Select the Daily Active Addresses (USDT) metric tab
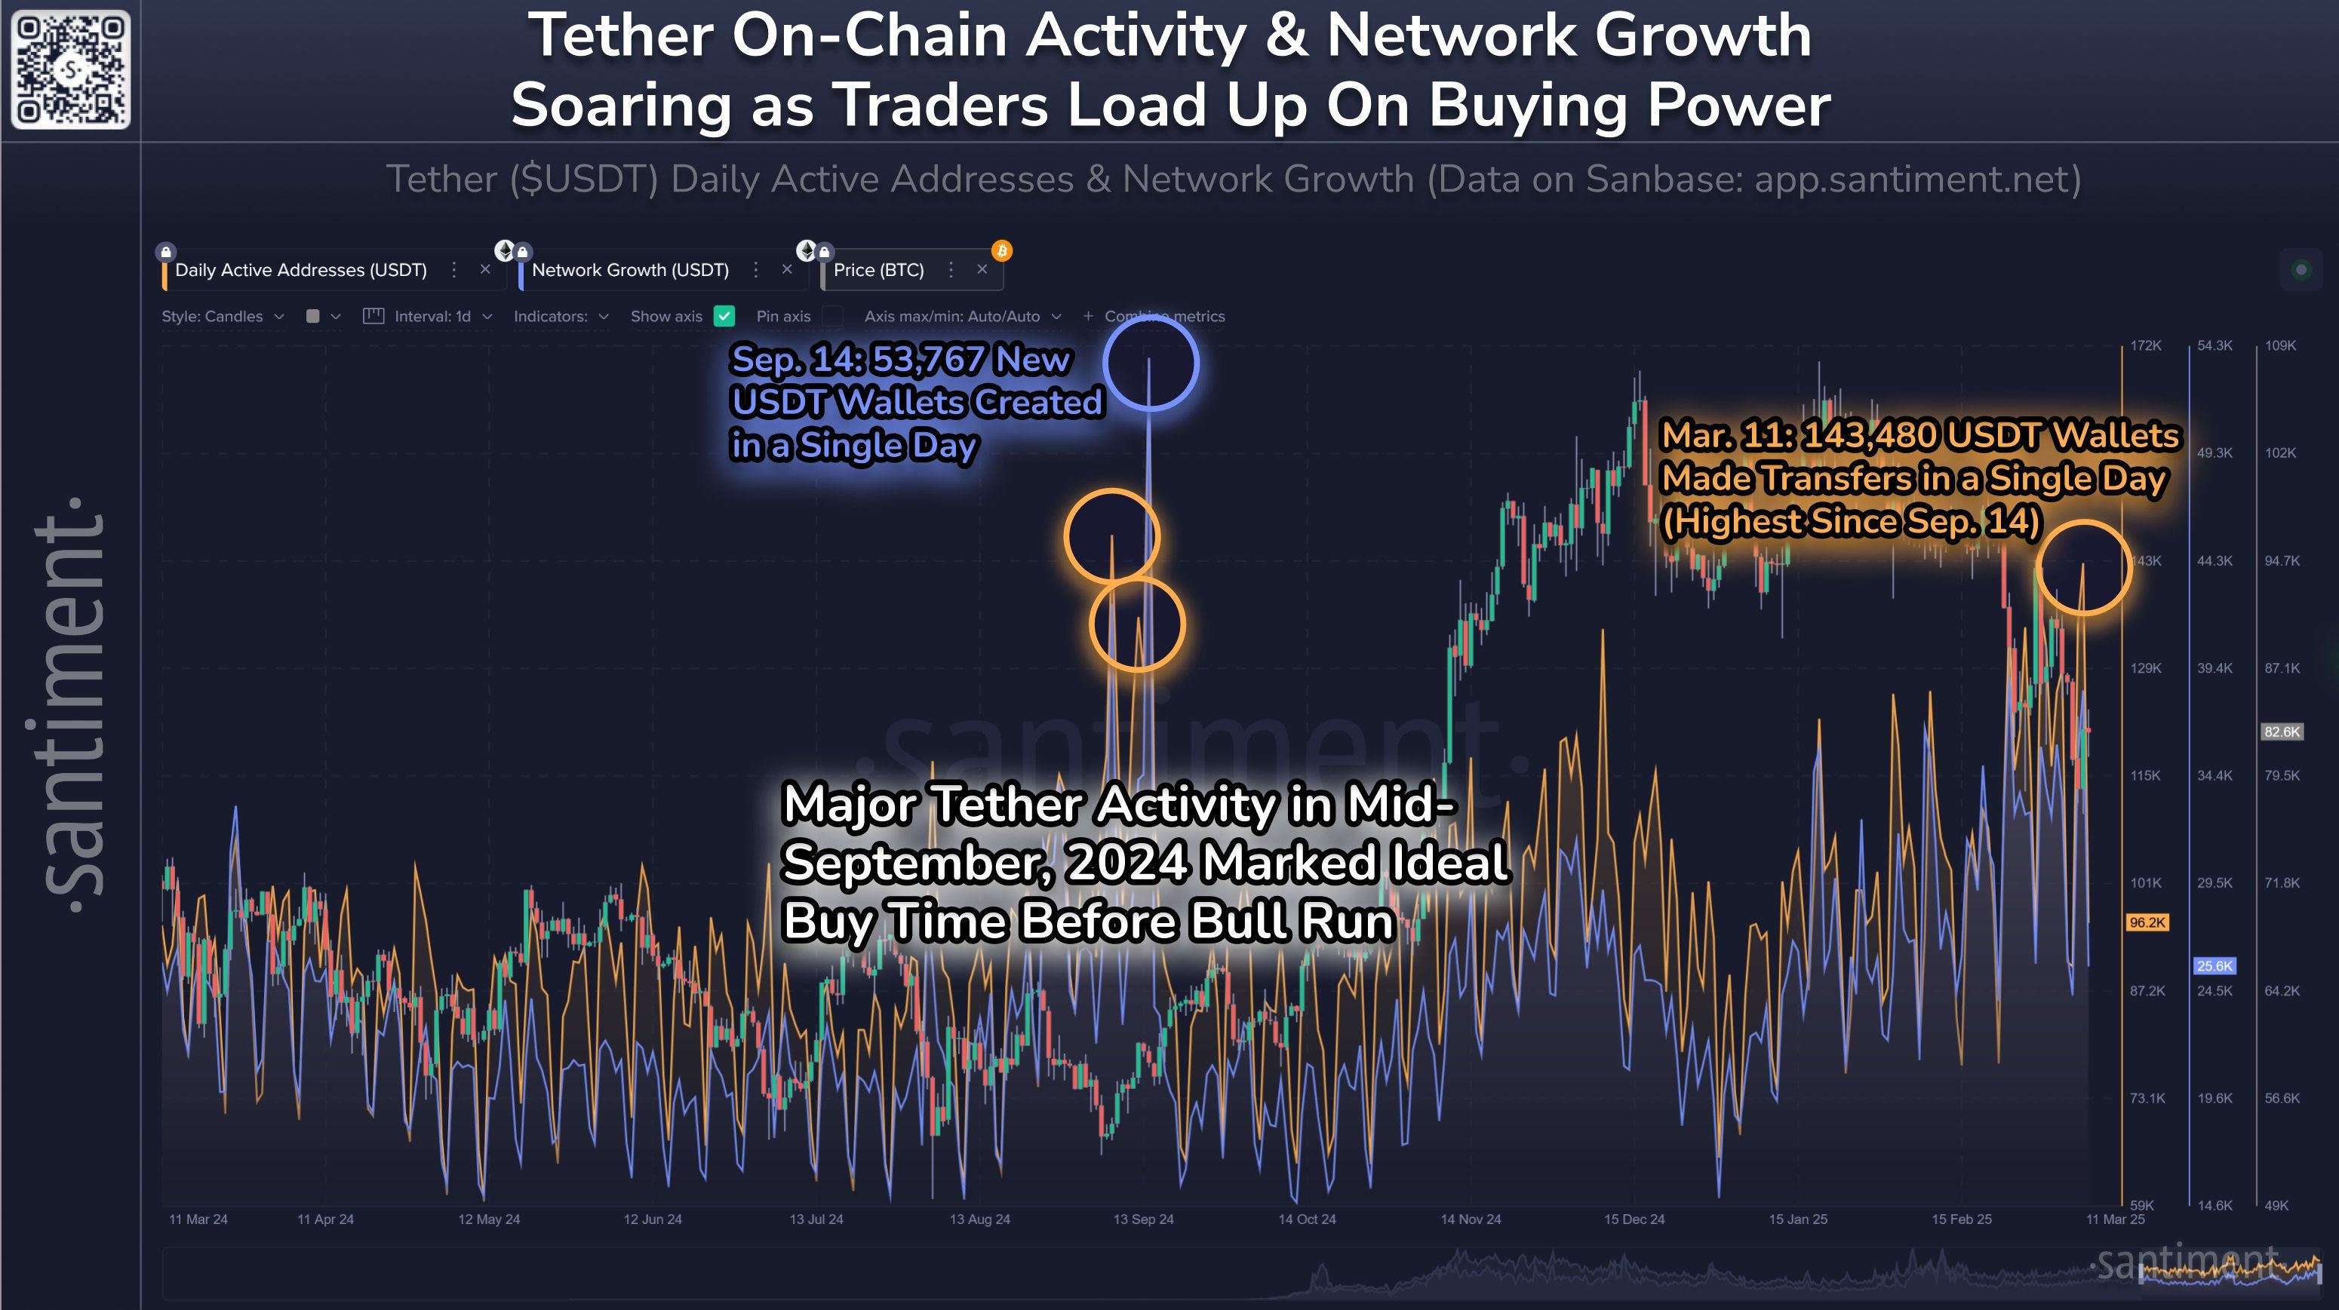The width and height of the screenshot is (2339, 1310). tap(300, 270)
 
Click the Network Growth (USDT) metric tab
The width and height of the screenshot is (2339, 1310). tap(630, 270)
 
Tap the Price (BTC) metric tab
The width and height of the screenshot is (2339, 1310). tap(878, 270)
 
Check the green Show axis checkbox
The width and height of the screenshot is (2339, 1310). tap(724, 316)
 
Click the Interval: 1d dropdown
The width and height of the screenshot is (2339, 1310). tap(432, 316)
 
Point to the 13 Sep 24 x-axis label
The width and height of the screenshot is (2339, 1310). tap(1143, 1219)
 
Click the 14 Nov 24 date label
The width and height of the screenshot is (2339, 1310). tap(1470, 1219)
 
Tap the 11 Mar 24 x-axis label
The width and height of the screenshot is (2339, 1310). tap(198, 1219)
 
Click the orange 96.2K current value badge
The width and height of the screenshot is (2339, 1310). tap(2147, 922)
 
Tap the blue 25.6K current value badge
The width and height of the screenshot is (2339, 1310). tap(2215, 966)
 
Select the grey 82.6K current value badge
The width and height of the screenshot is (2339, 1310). tap(2281, 732)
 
